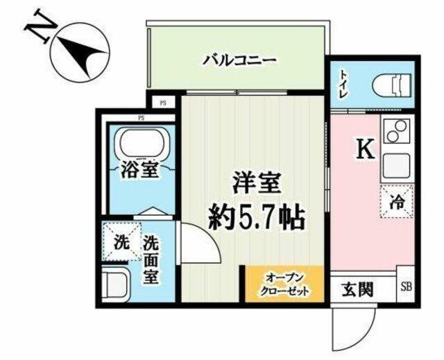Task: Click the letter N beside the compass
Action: (40, 26)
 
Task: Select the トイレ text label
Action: (344, 85)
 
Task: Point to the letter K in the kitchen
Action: (366, 149)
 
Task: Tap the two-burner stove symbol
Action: (397, 131)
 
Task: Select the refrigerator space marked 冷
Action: (397, 201)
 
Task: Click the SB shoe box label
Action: (406, 287)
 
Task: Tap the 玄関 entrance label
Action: (358, 289)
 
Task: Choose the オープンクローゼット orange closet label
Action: (284, 284)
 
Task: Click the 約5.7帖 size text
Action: (256, 217)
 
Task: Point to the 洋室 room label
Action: (256, 183)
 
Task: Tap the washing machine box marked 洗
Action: (122, 241)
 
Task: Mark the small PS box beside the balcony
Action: (162, 103)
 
